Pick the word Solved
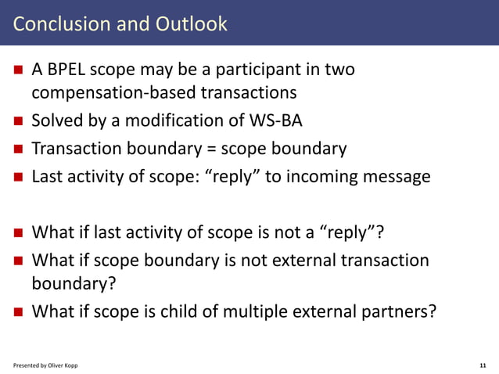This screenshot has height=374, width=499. point(56,121)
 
